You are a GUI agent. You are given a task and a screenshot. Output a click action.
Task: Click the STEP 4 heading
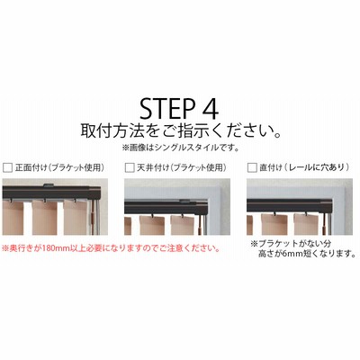pos(179,109)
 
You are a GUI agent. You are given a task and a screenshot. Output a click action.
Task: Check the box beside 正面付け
pos(7,167)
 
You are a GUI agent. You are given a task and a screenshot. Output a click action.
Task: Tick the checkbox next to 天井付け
pos(130,167)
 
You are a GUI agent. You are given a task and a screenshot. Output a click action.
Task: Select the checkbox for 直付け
pos(252,167)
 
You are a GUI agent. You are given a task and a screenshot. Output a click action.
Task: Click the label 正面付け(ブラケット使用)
pos(59,167)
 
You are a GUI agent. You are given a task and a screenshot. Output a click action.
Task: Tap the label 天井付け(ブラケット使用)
pos(182,167)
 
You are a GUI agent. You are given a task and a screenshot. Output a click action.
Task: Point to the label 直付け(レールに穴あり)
pos(304,167)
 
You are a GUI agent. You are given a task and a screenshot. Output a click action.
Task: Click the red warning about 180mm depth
pos(111,248)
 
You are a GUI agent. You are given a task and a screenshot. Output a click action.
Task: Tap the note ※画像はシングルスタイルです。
pos(180,148)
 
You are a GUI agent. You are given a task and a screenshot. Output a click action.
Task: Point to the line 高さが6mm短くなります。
pos(307,254)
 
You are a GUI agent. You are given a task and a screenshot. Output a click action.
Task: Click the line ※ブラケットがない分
pos(291,243)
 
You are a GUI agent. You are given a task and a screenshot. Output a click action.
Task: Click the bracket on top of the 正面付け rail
pos(49,185)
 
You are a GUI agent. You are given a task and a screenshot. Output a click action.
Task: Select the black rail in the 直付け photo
pos(289,205)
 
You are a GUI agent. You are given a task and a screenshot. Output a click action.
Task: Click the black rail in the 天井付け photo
pos(166,208)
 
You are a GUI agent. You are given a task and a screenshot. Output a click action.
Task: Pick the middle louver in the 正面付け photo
pos(45,218)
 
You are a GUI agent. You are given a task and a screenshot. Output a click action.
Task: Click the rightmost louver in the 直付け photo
pos(307,224)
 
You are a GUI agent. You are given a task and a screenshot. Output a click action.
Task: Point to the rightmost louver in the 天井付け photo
pos(184,225)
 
